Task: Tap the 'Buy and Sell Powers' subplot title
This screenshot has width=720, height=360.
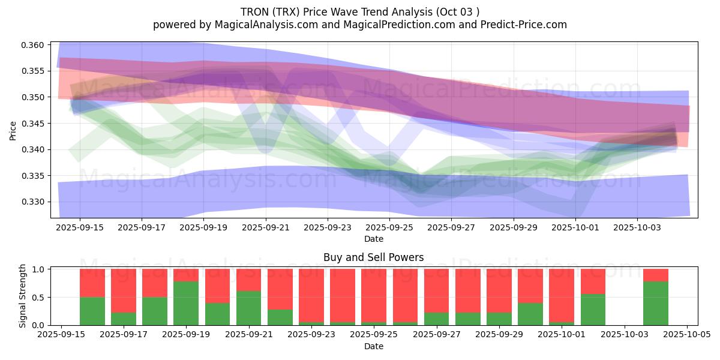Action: tap(373, 257)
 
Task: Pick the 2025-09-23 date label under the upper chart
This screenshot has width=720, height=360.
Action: tap(328, 227)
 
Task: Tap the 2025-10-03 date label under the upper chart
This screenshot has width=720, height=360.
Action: tap(637, 227)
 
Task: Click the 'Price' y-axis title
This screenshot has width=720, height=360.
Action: tap(13, 130)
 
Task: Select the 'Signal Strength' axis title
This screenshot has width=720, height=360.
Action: tap(22, 296)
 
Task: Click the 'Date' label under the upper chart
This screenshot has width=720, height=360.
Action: tap(373, 239)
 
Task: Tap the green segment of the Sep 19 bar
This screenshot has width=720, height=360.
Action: tap(186, 303)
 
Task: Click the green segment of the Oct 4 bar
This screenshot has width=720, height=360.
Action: tap(655, 303)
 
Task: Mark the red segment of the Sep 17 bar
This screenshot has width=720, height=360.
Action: tap(124, 290)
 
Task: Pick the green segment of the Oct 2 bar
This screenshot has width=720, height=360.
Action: tap(593, 310)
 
